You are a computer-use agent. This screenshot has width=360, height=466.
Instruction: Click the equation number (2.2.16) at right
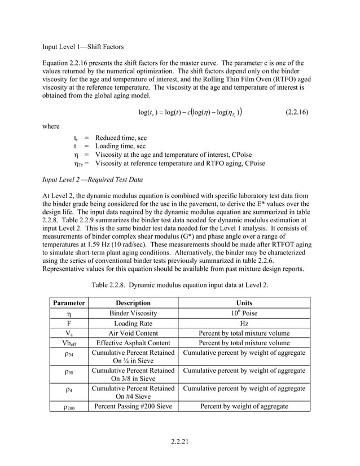point(294,112)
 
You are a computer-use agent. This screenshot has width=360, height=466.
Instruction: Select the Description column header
point(133,303)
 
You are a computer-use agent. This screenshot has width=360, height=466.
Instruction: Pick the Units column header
point(244,303)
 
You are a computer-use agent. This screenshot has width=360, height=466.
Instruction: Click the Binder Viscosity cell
point(133,313)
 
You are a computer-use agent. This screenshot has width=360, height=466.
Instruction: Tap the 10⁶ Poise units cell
point(244,313)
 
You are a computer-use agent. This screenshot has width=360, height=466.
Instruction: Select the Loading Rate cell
point(133,323)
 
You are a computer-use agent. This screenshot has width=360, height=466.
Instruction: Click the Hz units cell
point(244,323)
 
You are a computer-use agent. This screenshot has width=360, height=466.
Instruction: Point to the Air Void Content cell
point(133,333)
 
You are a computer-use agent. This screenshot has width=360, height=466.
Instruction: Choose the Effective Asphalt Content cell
point(133,343)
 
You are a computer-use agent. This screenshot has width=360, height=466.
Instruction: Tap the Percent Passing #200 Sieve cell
point(133,406)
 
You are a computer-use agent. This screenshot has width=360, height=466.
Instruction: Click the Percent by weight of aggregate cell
point(244,406)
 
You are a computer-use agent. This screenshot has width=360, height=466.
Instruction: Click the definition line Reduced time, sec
point(121,138)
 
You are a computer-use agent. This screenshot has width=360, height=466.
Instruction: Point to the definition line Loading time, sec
point(120,146)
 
